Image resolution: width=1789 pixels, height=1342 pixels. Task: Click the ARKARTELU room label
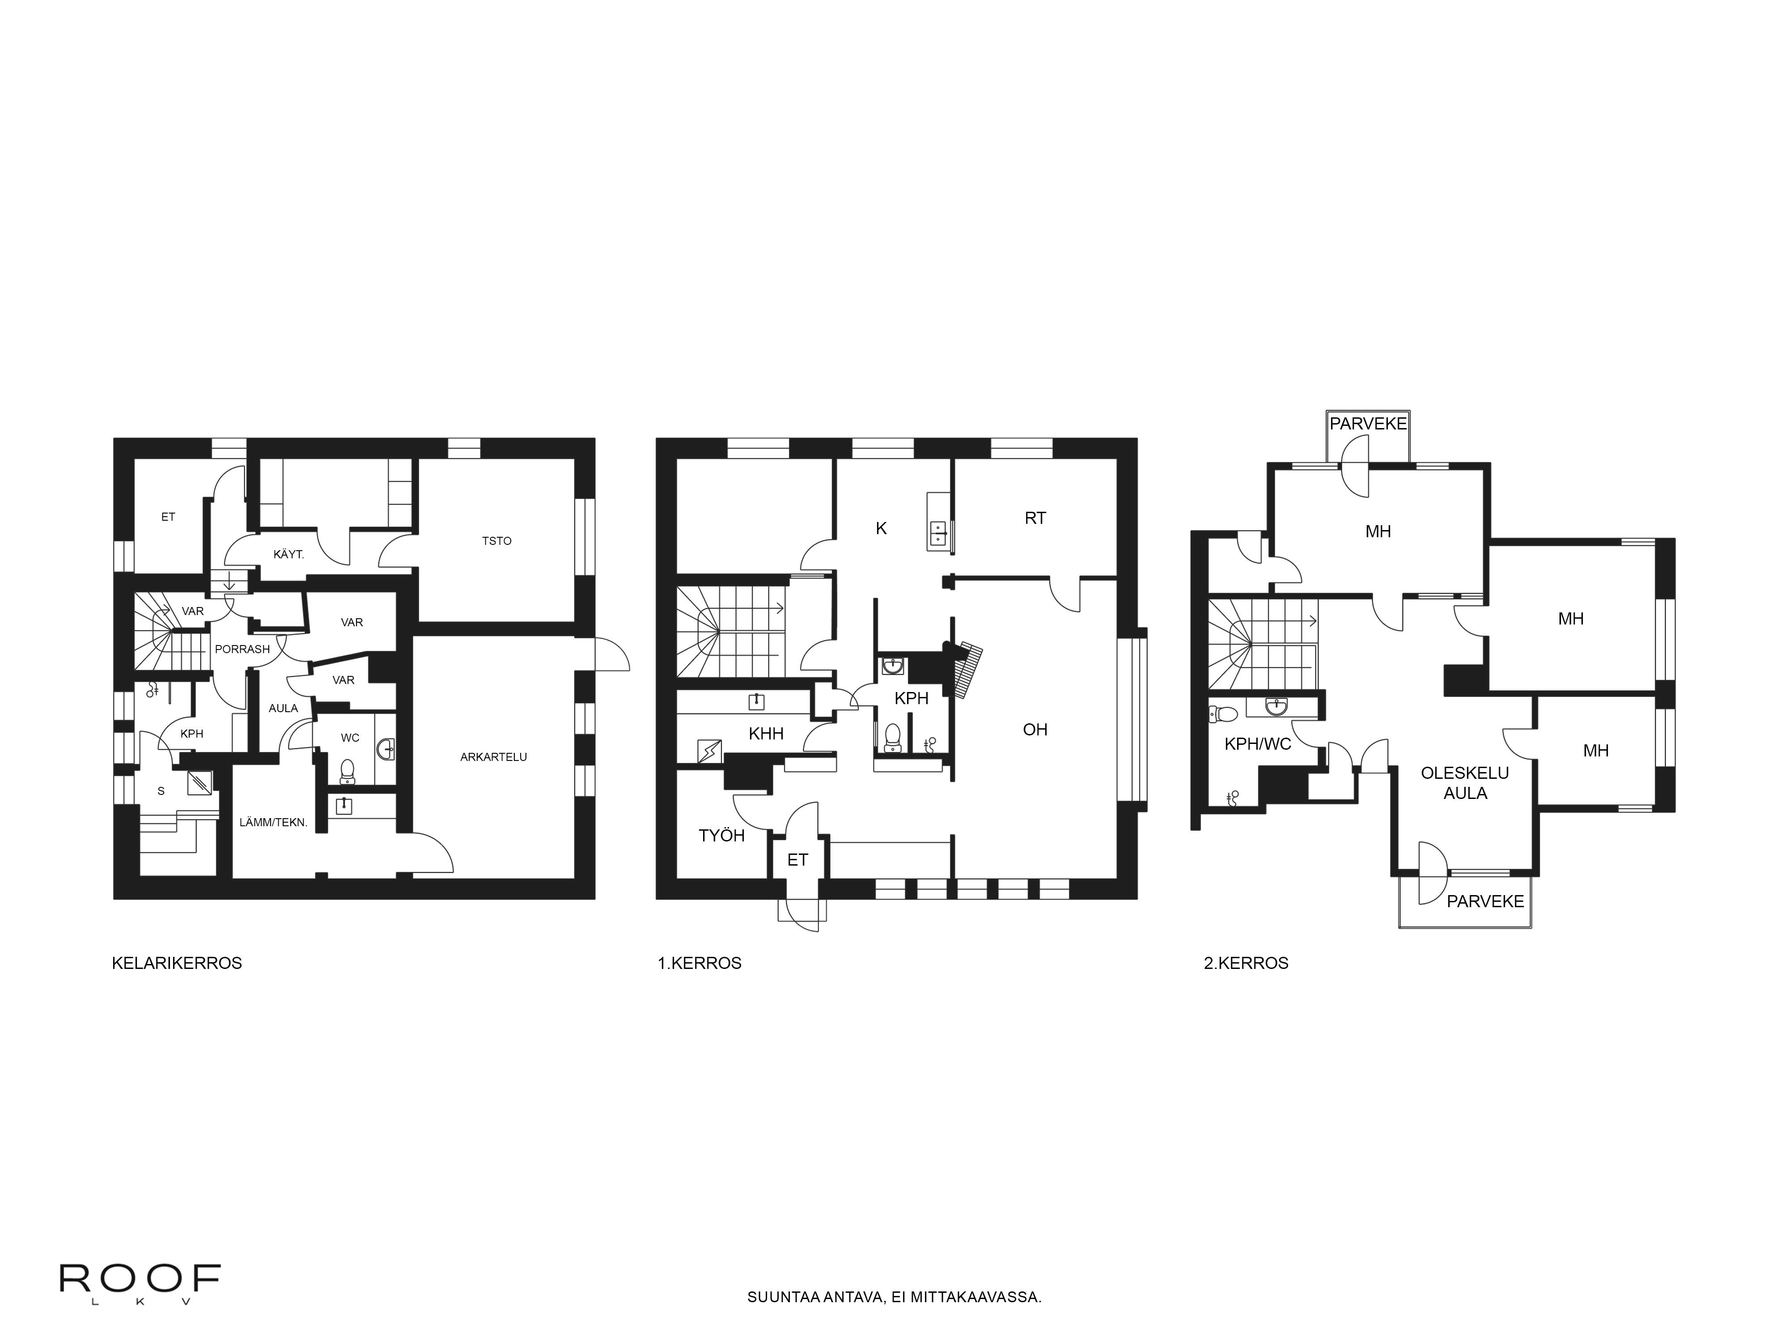(493, 757)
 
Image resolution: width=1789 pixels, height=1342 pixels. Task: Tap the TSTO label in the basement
(496, 541)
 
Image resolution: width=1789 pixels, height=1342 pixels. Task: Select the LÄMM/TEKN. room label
(273, 823)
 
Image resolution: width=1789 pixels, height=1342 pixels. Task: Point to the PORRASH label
(242, 649)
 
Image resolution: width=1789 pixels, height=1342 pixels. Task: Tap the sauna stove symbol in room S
(200, 782)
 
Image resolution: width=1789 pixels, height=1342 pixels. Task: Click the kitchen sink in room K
(938, 532)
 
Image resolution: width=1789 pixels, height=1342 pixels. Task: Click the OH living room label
(1035, 730)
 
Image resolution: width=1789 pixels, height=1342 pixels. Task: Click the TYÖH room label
(721, 836)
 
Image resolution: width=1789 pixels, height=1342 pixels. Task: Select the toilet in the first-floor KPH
(893, 736)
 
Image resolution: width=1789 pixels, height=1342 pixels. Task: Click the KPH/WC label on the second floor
(1258, 744)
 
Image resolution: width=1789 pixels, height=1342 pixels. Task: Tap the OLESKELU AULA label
(1465, 783)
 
